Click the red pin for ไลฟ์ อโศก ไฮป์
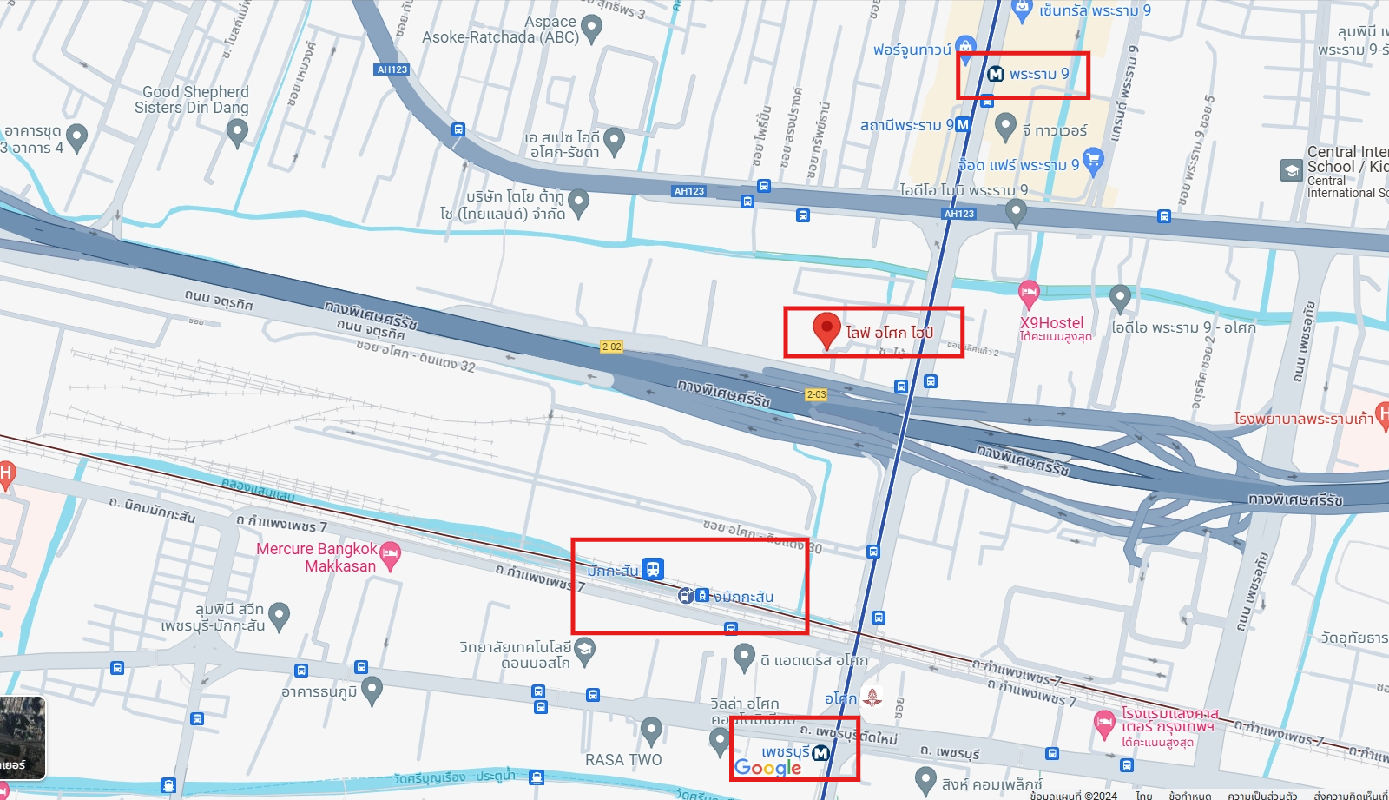click(826, 329)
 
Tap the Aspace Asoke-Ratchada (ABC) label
click(500, 30)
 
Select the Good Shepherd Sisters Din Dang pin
click(237, 132)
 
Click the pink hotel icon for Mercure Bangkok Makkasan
click(391, 555)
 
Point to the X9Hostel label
click(1052, 323)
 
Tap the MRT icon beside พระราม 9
click(996, 74)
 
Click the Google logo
click(767, 768)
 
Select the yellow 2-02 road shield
click(611, 347)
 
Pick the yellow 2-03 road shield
click(816, 394)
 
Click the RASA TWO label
click(622, 760)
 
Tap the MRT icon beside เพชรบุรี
click(820, 752)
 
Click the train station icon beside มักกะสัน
click(653, 569)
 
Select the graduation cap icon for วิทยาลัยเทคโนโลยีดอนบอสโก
click(585, 650)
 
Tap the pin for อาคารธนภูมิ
click(372, 690)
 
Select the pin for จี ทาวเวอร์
click(1005, 127)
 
